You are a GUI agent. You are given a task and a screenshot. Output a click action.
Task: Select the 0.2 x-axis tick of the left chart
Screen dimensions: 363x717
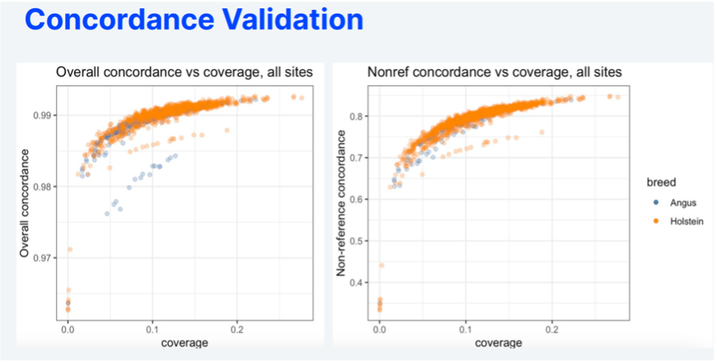tap(237, 330)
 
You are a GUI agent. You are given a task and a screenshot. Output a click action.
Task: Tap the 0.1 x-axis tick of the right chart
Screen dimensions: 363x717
tap(465, 330)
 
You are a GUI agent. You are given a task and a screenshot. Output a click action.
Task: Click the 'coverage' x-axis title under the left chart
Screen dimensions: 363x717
tap(184, 343)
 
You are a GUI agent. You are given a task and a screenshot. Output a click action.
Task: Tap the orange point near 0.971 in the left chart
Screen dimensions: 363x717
tap(70, 249)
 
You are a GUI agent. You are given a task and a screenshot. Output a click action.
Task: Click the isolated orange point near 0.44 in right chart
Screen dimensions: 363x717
tap(382, 265)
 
